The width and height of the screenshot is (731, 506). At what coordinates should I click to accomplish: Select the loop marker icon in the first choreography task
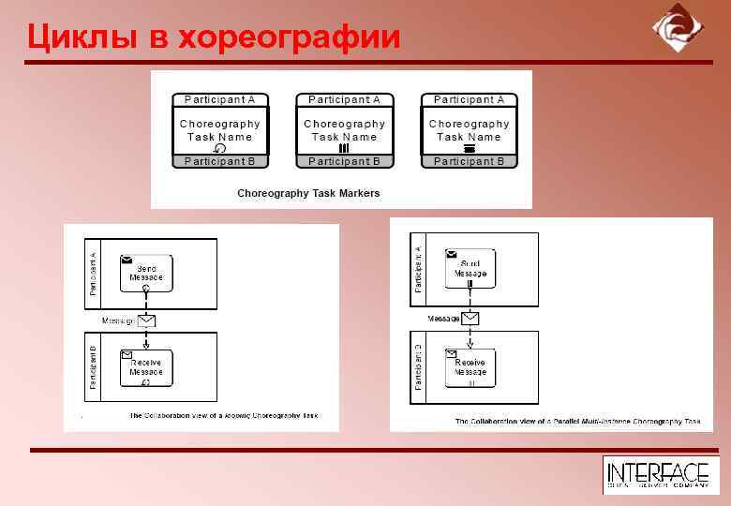(x=220, y=148)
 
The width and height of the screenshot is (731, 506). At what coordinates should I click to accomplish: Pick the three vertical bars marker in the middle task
(x=344, y=148)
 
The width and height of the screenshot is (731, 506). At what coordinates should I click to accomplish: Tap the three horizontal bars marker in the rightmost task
(x=469, y=148)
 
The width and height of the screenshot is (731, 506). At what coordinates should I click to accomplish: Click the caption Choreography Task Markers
(x=308, y=193)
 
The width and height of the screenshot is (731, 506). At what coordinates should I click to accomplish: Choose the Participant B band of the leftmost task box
(x=220, y=161)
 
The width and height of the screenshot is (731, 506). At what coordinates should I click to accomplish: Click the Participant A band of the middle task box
(x=344, y=99)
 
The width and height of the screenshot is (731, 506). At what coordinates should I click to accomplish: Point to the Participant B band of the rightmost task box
(x=469, y=161)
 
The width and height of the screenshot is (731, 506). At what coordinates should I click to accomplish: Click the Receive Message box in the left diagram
(x=145, y=367)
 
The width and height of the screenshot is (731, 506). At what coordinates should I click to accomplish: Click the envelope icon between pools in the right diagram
(x=470, y=319)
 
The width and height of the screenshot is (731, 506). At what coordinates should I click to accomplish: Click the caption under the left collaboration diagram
(x=224, y=415)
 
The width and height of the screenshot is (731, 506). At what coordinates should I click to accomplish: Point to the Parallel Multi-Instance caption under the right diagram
(x=577, y=422)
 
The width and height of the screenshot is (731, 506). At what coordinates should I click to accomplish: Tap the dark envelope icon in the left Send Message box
(x=127, y=259)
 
